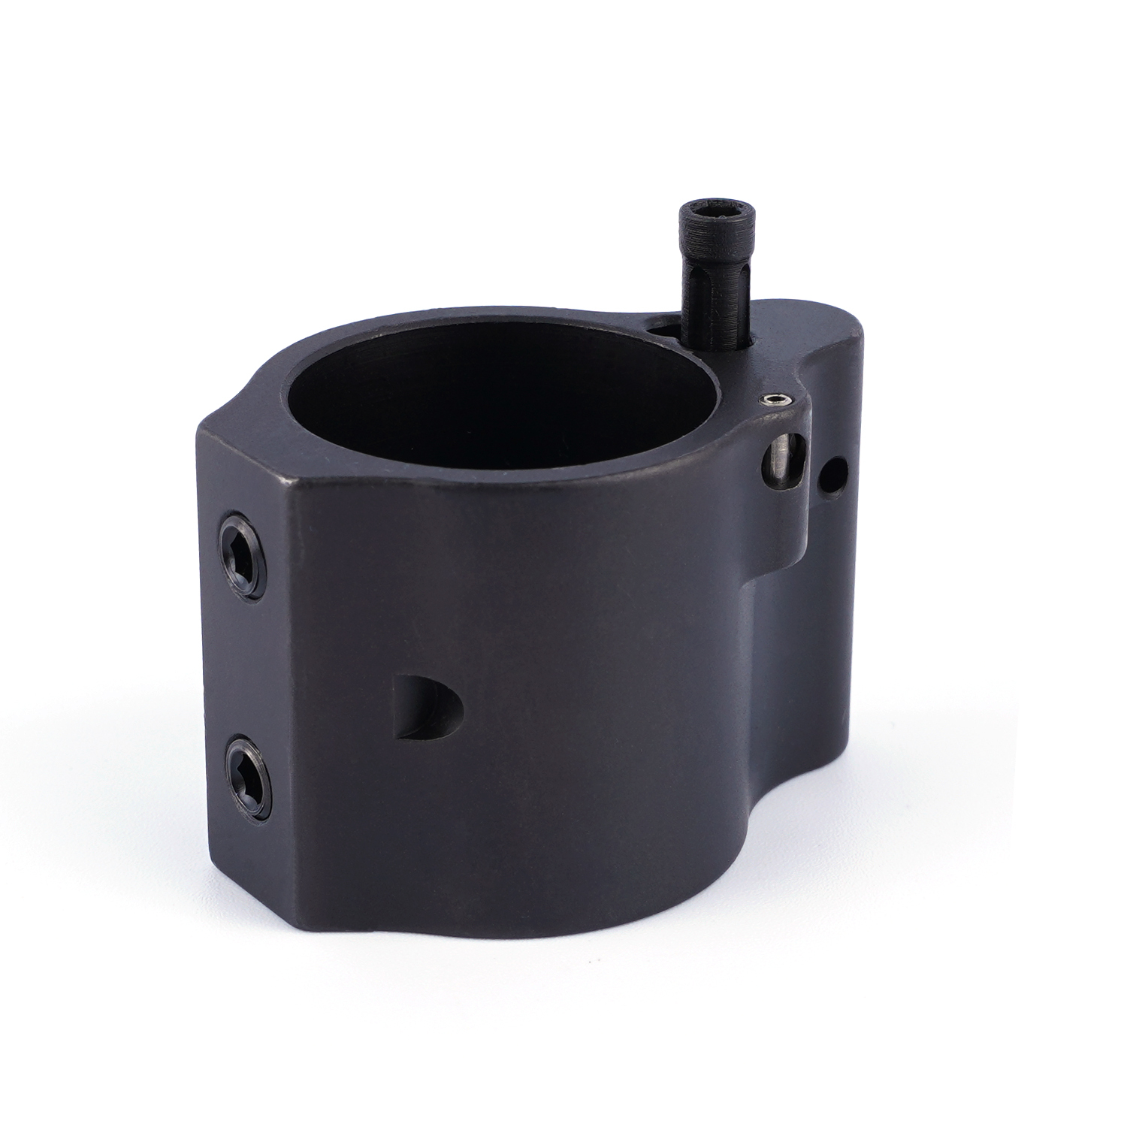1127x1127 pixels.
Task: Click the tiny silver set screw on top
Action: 775,400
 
